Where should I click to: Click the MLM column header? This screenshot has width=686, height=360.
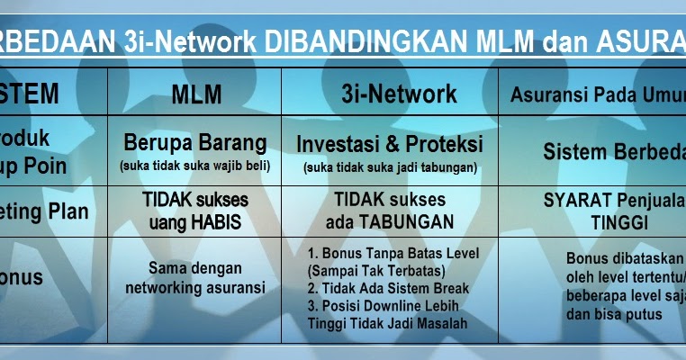[194, 94]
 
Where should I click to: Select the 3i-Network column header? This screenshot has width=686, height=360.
[388, 94]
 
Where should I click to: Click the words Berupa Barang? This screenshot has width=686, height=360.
[194, 142]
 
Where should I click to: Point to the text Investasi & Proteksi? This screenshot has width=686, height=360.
[389, 143]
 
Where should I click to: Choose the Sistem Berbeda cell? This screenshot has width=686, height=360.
[613, 152]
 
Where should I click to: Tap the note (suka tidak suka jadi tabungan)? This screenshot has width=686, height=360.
[390, 166]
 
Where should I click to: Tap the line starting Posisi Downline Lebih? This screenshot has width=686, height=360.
[390, 306]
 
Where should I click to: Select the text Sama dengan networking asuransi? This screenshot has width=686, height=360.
[194, 277]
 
